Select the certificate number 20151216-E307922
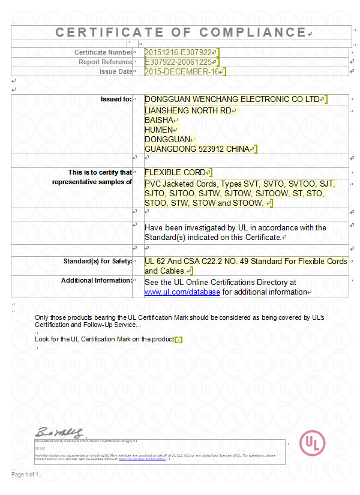[x=179, y=52]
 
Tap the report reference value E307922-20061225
[x=179, y=62]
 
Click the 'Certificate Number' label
[x=103, y=52]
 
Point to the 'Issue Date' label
[x=116, y=72]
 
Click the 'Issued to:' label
[x=116, y=99]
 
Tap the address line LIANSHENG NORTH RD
[x=188, y=110]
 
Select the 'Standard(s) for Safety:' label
[x=98, y=261]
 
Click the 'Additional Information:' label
[x=97, y=280]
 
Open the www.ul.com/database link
[x=182, y=292]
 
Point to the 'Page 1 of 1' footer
[x=25, y=475]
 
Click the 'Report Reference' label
[x=106, y=62]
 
